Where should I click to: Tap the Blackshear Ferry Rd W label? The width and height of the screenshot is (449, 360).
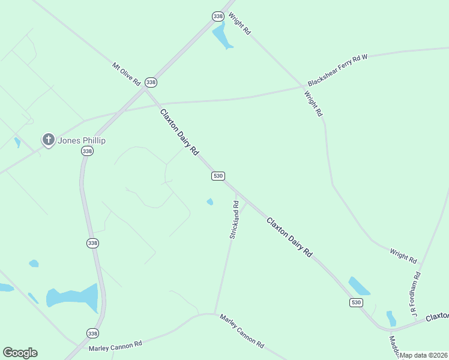[x=337, y=70]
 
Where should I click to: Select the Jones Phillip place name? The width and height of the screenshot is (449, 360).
[x=82, y=140]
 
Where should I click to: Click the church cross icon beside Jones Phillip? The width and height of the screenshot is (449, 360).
[x=48, y=140]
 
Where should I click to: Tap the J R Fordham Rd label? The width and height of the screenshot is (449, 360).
[x=416, y=295]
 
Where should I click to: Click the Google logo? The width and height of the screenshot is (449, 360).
[x=20, y=353]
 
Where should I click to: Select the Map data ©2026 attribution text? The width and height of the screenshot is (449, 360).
[x=423, y=355]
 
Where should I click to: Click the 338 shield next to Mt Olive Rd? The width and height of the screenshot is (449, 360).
[x=151, y=82]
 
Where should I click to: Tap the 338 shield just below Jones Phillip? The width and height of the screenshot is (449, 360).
[x=88, y=152]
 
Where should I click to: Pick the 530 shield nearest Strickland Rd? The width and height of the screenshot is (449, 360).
[x=218, y=176]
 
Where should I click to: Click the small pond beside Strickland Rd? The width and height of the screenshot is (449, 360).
[x=210, y=202]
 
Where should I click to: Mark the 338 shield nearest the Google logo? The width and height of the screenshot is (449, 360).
[x=92, y=333]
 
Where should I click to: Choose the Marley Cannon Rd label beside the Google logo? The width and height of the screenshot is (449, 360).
[x=115, y=346]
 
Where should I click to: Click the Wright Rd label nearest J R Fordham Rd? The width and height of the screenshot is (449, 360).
[x=403, y=256]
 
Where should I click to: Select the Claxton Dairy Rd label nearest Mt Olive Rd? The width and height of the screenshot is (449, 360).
[x=179, y=133]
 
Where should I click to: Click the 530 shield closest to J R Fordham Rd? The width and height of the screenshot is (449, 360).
[x=356, y=302]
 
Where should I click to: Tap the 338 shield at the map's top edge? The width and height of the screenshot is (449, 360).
[x=217, y=16]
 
